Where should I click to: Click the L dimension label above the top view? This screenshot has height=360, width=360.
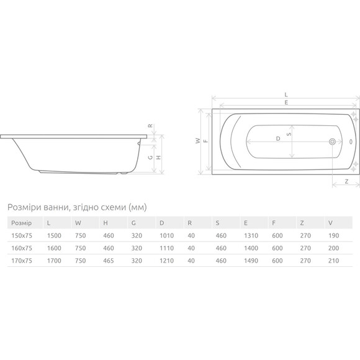pos(286,94)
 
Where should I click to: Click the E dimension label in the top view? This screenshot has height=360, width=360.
pos(286,102)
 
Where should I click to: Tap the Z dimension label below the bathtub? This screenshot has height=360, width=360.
pos(346,181)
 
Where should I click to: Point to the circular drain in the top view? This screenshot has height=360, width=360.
pos(332,142)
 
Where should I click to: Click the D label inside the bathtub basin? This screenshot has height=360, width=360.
pos(278,138)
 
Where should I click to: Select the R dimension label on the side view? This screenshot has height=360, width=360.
pos(150,125)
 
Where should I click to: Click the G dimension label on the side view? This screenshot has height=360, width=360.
pos(150,157)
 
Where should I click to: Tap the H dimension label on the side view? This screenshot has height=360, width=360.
pos(158,157)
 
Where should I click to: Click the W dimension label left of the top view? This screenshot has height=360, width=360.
pos(198,141)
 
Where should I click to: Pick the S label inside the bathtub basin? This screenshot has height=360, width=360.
pos(289,133)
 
